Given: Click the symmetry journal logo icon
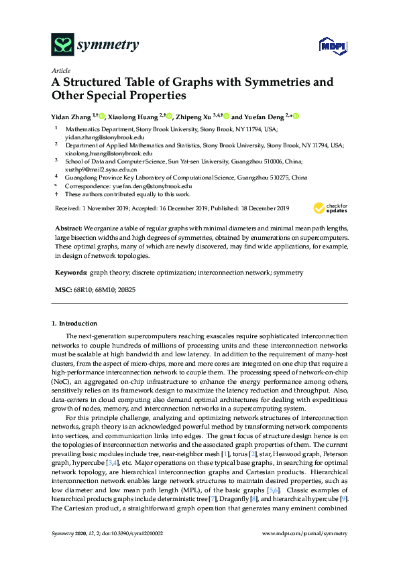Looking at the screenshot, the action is tap(62, 46).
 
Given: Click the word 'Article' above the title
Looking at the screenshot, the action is tap(60, 70).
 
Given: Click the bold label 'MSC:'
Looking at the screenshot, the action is tap(62, 291).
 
